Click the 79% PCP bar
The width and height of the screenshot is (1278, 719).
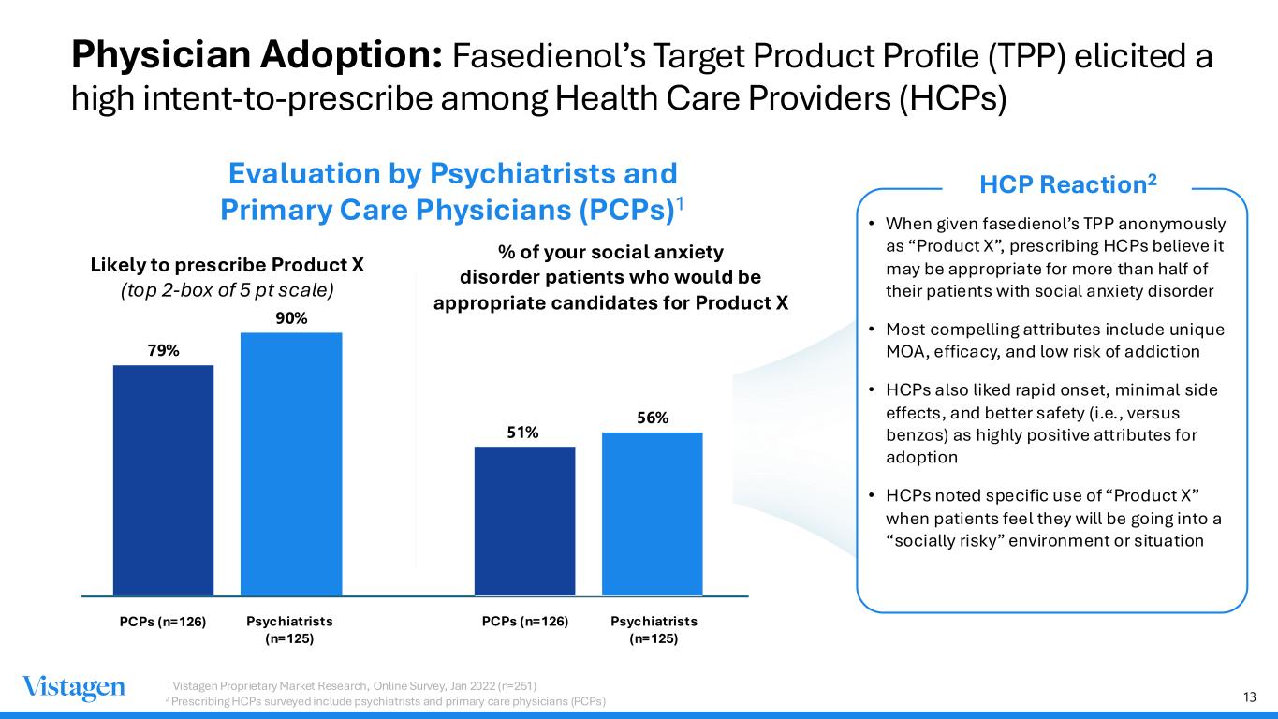163,480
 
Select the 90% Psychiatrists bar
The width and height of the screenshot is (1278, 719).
291,464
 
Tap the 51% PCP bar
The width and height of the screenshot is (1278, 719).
525,521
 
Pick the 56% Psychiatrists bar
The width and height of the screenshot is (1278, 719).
653,514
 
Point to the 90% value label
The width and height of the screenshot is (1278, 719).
291,318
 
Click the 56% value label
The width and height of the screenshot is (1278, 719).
653,418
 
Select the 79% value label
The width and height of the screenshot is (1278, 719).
164,350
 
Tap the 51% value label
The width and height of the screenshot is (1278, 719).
522,433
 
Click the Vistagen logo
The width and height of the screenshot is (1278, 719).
74,688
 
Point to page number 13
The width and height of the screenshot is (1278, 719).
1250,697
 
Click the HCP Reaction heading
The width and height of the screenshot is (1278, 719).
1068,184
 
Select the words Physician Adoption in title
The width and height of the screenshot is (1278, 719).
257,55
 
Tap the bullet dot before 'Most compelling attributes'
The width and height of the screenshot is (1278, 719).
872,330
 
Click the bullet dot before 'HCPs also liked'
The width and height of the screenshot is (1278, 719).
872,389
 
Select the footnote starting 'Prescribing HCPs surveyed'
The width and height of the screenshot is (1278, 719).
386,701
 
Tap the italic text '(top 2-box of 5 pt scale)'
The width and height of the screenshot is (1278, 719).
228,290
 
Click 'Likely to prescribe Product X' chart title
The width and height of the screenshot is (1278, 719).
228,265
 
